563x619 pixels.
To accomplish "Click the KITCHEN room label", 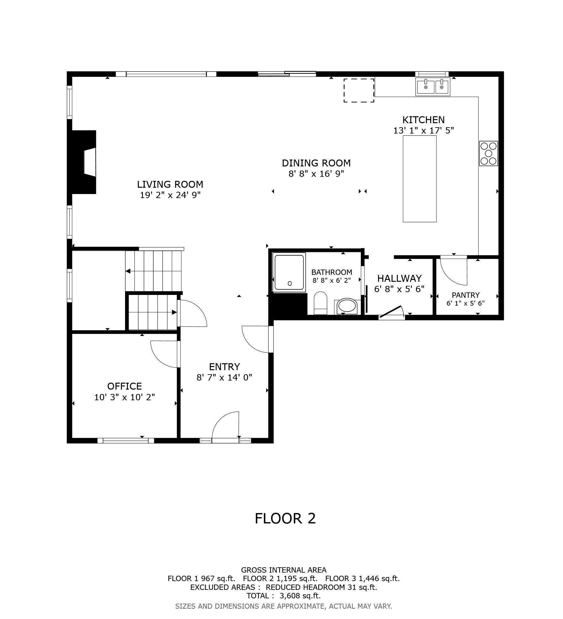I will (423, 120).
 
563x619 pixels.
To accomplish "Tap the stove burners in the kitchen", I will (488, 153).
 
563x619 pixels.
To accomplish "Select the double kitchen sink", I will (433, 87).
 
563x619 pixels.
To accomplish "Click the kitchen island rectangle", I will (419, 179).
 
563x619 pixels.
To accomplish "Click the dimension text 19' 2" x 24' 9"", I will (170, 195).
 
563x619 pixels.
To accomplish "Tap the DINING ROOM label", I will (316, 163).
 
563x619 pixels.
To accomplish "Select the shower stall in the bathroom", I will (289, 272).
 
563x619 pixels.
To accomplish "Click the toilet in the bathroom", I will (320, 302).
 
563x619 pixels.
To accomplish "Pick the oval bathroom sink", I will (346, 306).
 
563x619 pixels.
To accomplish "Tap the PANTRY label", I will (466, 295).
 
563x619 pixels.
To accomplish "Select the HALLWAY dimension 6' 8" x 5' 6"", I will (399, 289).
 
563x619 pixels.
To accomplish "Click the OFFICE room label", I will (124, 386).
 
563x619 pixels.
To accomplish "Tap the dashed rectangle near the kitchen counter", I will (359, 90).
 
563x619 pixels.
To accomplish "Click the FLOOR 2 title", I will (285, 518).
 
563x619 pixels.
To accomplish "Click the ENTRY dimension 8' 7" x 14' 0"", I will (224, 377).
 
